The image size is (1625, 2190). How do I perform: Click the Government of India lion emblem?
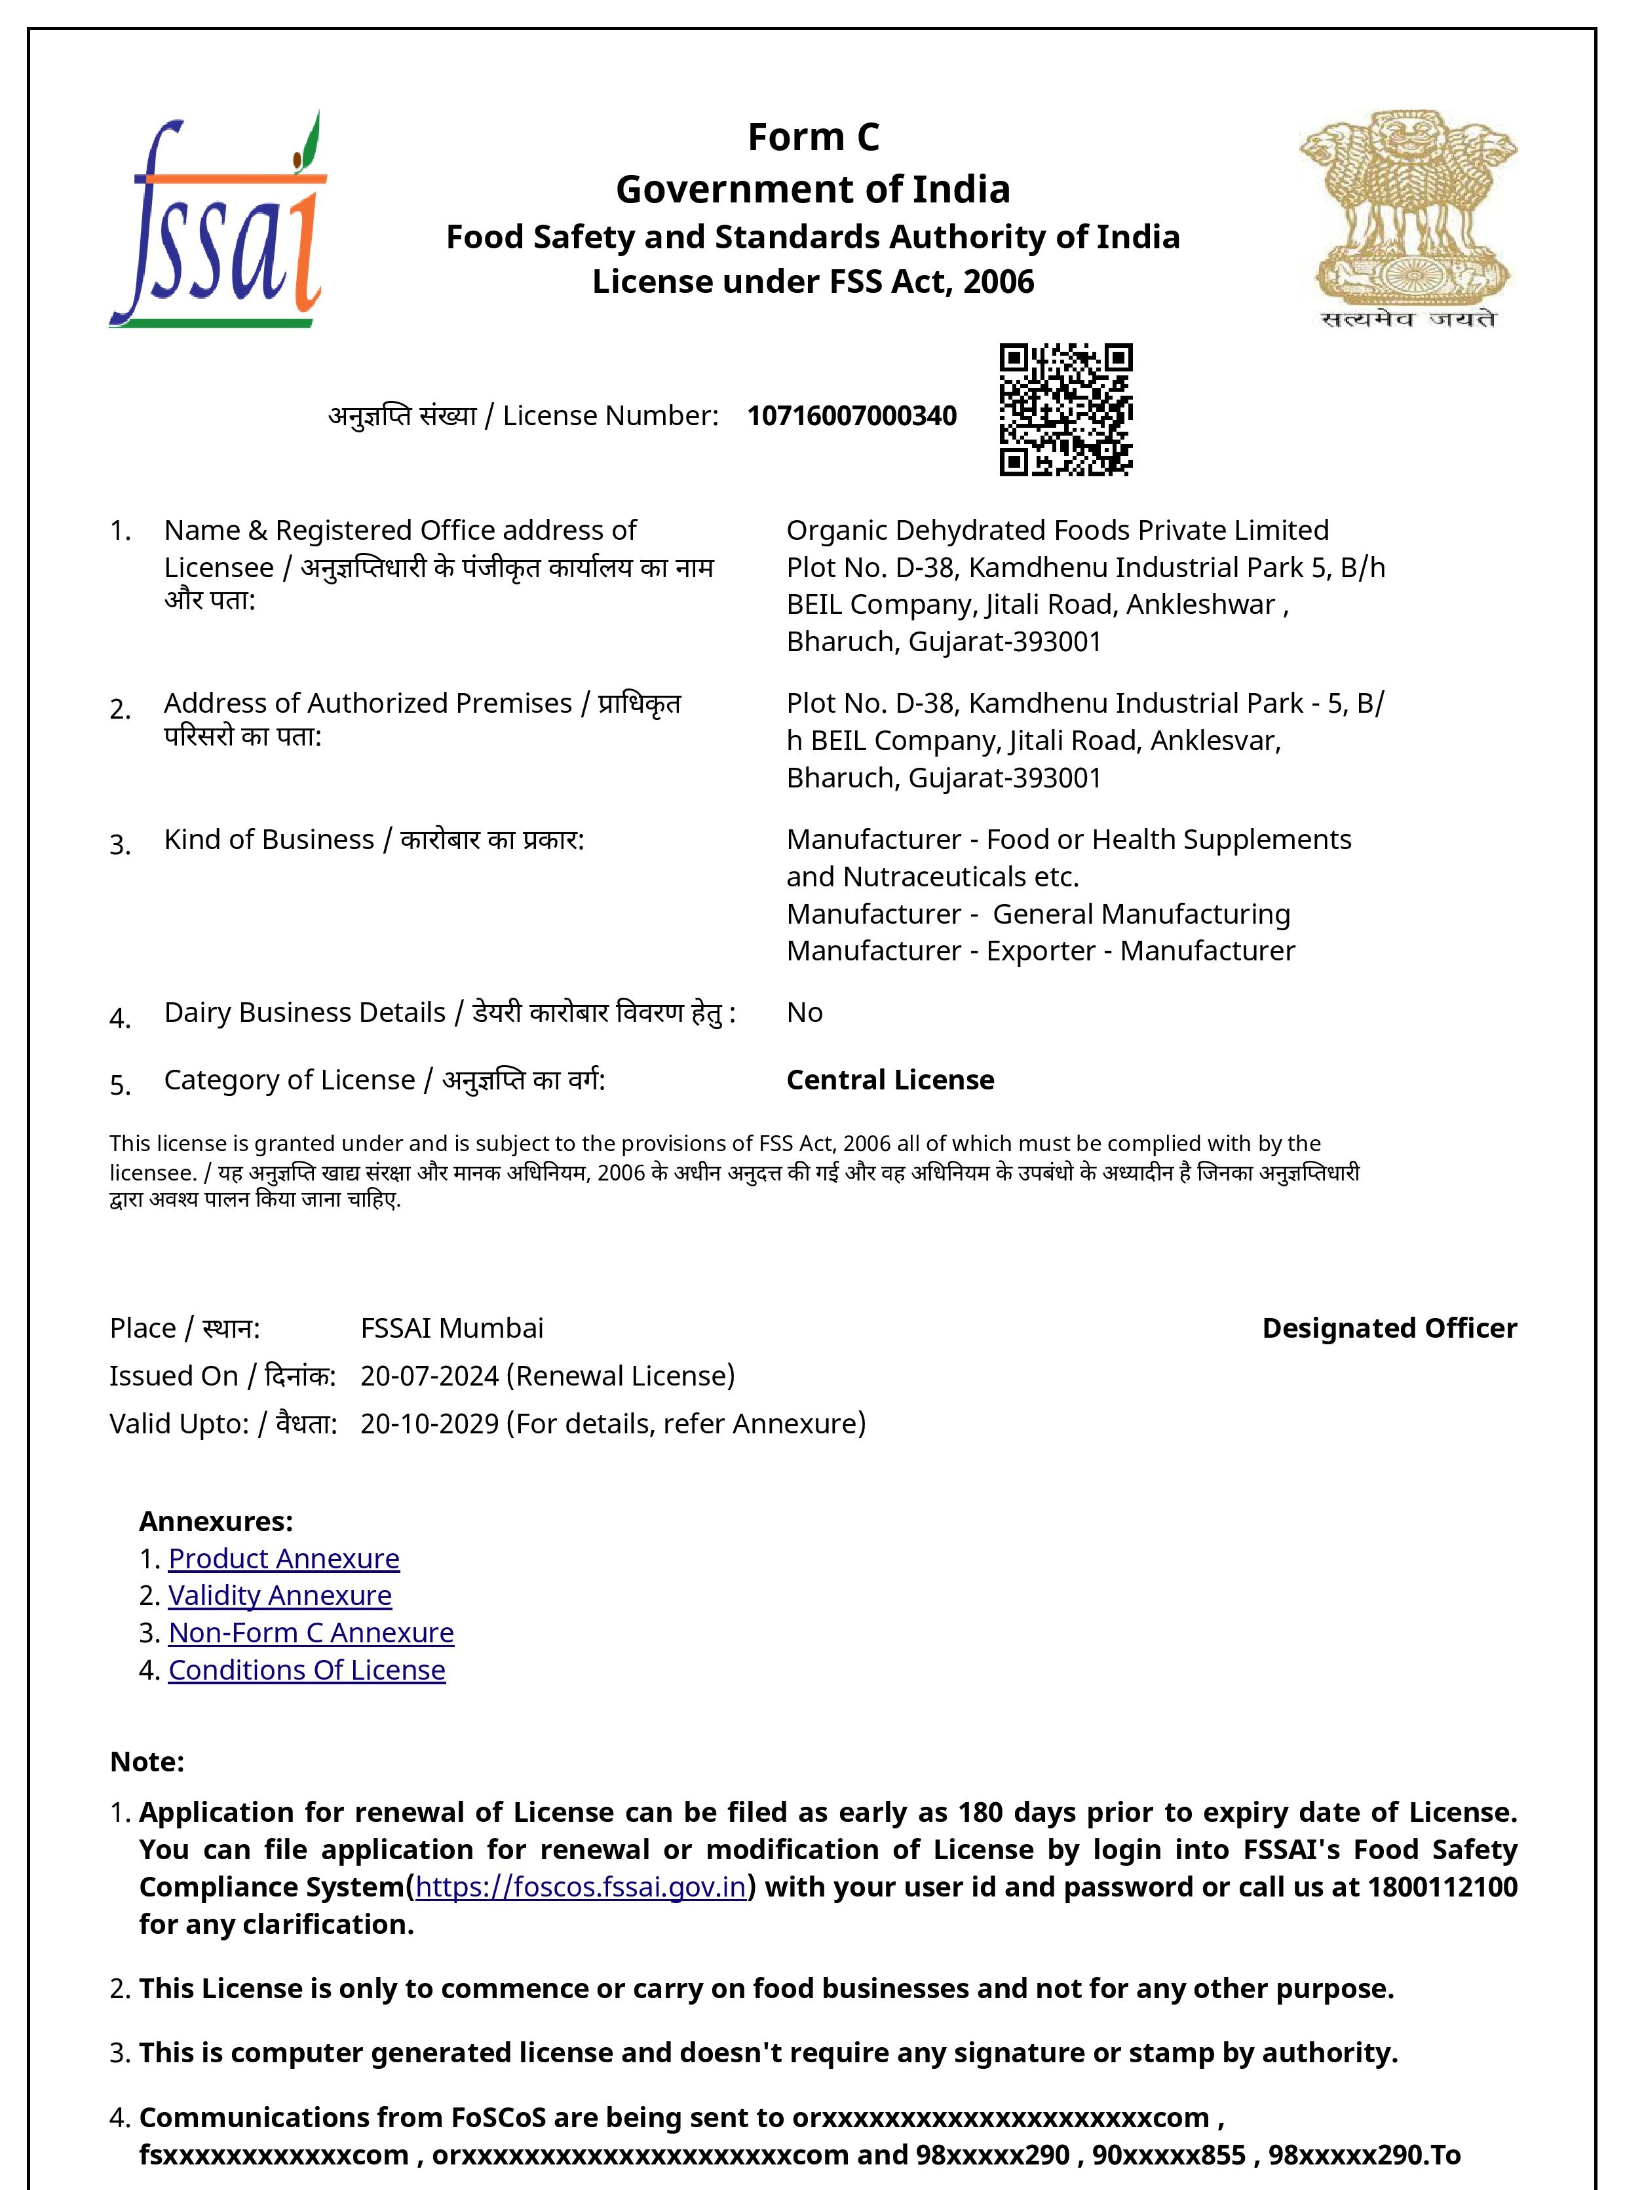coord(1407,218)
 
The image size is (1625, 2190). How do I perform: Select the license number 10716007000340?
coord(852,416)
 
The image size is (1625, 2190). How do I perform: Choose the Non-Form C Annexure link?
coord(311,1633)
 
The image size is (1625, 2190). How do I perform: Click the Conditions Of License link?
coord(307,1670)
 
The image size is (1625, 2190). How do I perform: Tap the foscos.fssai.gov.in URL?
coord(581,1887)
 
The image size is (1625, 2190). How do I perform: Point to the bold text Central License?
coord(890,1080)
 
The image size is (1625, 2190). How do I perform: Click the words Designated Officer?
coord(1389,1328)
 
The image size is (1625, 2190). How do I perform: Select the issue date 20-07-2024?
coord(430,1376)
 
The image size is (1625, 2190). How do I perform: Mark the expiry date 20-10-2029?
coord(430,1424)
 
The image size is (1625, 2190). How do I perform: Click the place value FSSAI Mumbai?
coord(451,1328)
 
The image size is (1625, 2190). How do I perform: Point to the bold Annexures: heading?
coord(216,1521)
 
